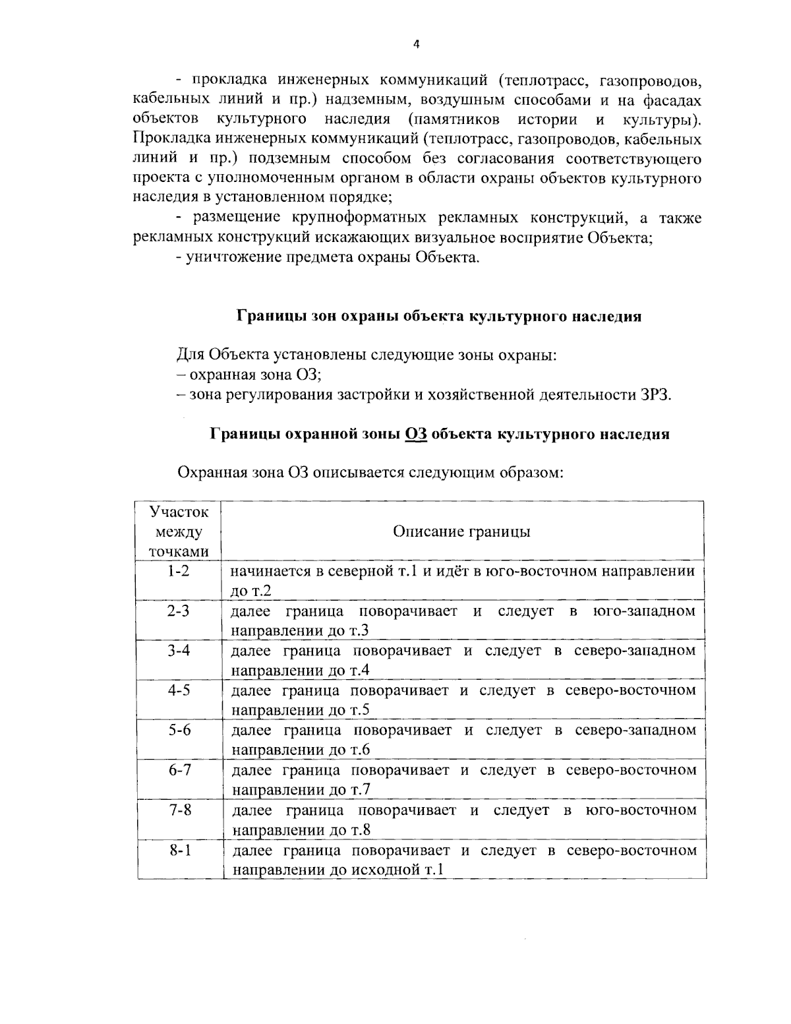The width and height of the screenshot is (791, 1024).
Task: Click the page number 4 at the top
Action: tap(415, 45)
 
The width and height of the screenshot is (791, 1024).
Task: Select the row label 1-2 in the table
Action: tap(177, 571)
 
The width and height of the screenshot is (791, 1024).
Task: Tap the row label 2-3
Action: tap(177, 611)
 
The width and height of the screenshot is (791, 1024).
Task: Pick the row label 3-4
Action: tap(178, 651)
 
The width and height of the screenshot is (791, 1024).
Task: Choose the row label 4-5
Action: tap(178, 690)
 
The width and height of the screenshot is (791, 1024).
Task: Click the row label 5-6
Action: tap(179, 731)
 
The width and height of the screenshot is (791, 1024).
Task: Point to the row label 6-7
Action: tap(179, 770)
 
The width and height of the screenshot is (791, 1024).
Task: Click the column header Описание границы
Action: tap(461, 531)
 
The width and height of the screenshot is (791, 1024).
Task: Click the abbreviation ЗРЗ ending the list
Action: tap(655, 395)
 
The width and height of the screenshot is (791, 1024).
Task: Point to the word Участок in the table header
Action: tap(178, 512)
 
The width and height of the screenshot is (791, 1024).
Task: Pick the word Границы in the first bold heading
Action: tap(264, 316)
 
